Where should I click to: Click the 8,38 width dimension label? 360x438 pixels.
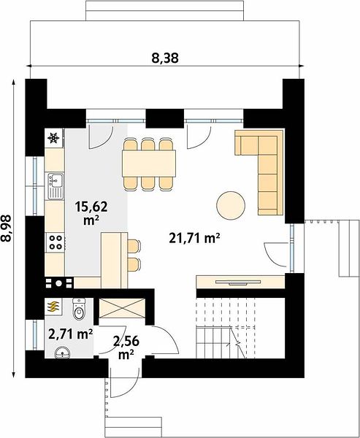tap(165, 58)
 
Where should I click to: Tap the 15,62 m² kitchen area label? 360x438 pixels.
tap(91, 213)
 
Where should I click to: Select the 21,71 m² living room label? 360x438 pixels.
tap(194, 238)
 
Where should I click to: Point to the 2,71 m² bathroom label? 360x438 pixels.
tap(70, 334)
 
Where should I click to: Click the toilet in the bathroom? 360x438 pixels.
tap(79, 309)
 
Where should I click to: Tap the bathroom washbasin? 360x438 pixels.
tap(62, 353)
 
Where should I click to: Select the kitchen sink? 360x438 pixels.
tap(55, 185)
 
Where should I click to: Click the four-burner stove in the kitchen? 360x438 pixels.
tap(55, 242)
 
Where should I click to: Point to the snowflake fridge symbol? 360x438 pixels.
tap(53, 138)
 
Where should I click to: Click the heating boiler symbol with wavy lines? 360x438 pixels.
tap(53, 307)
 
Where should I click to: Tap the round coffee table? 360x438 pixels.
tap(231, 206)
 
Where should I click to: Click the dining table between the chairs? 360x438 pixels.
tap(149, 164)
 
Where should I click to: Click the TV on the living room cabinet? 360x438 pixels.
tap(238, 283)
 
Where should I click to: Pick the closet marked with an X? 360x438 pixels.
tap(123, 308)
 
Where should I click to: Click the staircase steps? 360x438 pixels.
tap(226, 328)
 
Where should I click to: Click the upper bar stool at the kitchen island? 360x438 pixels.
tap(134, 247)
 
